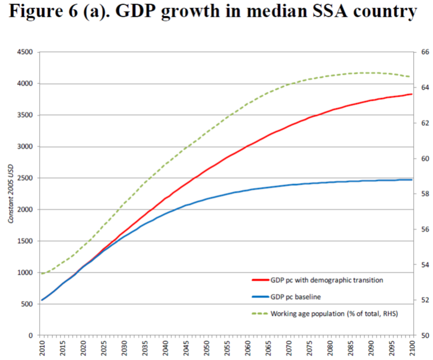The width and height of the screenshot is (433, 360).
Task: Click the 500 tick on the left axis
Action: [x=26, y=304]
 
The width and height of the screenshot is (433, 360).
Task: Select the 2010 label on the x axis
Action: [x=42, y=349]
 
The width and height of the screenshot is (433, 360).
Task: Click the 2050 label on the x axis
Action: [x=206, y=349]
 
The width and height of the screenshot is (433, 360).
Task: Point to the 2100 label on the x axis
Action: [x=412, y=349]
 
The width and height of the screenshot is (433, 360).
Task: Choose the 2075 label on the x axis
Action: [x=309, y=349]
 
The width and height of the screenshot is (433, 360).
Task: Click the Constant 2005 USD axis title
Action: [x=11, y=194]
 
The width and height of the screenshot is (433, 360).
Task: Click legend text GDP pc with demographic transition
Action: [x=327, y=280]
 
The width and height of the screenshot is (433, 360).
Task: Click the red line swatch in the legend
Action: [x=259, y=280]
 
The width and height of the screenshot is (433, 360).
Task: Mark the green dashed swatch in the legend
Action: [x=259, y=313]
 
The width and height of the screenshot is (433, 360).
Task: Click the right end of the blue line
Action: [x=412, y=180]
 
